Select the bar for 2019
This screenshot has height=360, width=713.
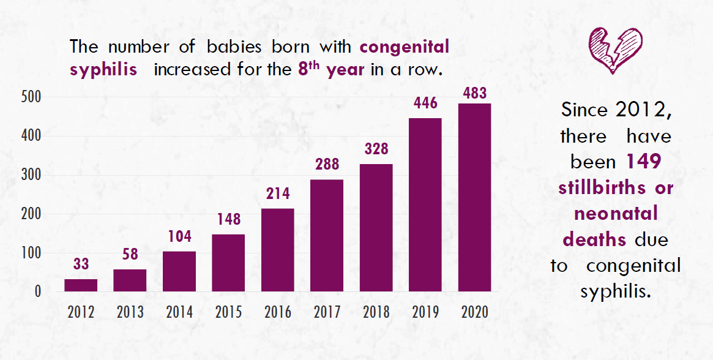point(425,204)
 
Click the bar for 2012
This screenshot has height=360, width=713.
point(81,285)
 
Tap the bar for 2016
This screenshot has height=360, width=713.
point(277,250)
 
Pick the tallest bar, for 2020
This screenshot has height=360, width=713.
point(474,197)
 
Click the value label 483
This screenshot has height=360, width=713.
point(474,94)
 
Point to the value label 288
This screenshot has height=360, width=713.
point(327,164)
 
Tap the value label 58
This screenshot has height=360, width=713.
point(130,254)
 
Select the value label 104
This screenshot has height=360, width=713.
point(179,236)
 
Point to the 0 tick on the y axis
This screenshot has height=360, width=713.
point(37,291)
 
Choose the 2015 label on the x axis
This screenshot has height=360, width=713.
point(228,312)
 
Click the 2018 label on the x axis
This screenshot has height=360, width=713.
point(376,312)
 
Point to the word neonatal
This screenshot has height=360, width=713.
point(616,213)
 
